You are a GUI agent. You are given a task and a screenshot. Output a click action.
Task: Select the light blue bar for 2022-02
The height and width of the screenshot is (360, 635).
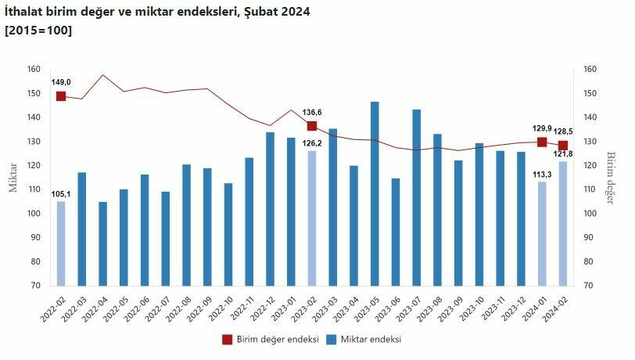[x=61, y=243]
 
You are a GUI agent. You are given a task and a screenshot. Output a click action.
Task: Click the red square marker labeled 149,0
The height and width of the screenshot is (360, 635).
[x=61, y=96]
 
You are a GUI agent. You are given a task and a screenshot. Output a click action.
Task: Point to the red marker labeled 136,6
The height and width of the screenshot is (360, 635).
[x=312, y=126]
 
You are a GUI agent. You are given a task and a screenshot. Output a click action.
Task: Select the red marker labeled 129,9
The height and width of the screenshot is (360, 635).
[x=542, y=142]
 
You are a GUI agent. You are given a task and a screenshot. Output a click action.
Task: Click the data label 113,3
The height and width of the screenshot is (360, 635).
[x=541, y=174]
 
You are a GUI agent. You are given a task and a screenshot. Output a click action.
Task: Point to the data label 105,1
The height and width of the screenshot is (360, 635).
[x=61, y=193]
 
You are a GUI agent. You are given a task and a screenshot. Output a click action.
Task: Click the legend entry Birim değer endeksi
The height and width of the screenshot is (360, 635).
[x=271, y=340]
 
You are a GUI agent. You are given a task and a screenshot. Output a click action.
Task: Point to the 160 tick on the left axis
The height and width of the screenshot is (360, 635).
[x=34, y=70]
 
